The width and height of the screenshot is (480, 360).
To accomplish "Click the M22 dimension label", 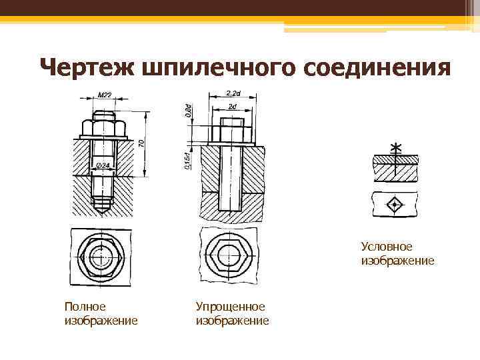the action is [105, 95].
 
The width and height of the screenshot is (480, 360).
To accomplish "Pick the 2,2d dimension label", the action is [233, 92].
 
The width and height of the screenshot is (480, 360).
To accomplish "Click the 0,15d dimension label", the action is [189, 160].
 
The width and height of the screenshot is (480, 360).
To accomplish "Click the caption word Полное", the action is [85, 306].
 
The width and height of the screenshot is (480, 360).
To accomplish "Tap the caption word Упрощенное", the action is [230, 306].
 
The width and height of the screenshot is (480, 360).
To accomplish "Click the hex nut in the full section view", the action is [103, 127].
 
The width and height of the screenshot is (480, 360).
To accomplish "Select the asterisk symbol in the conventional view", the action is [397, 147].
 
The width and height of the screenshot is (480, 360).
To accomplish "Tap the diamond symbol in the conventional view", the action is [396, 203].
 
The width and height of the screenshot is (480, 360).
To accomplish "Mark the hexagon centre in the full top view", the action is [103, 254].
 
